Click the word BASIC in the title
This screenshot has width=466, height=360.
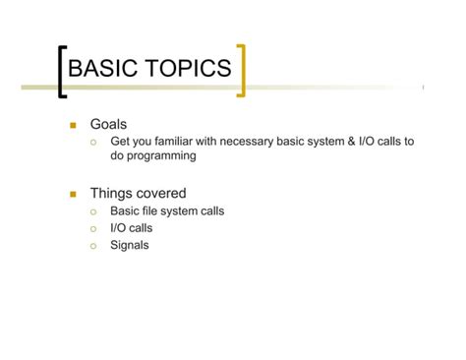tap(103, 68)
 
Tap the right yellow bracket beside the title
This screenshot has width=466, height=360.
tap(241, 70)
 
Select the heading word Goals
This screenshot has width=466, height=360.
tap(108, 125)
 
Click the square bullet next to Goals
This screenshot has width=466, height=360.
tap(72, 126)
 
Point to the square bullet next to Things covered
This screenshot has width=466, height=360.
tap(72, 194)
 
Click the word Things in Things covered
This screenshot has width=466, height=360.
tap(111, 194)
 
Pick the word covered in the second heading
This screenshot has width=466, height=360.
tap(160, 194)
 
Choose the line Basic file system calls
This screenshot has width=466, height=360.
tap(166, 210)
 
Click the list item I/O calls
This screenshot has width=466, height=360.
tap(131, 228)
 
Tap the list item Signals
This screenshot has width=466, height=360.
tap(129, 245)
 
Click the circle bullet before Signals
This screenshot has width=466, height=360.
tap(93, 246)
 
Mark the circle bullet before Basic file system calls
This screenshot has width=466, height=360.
tap(93, 211)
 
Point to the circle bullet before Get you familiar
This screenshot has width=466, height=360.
tap(93, 143)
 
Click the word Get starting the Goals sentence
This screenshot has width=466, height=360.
tap(120, 142)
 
